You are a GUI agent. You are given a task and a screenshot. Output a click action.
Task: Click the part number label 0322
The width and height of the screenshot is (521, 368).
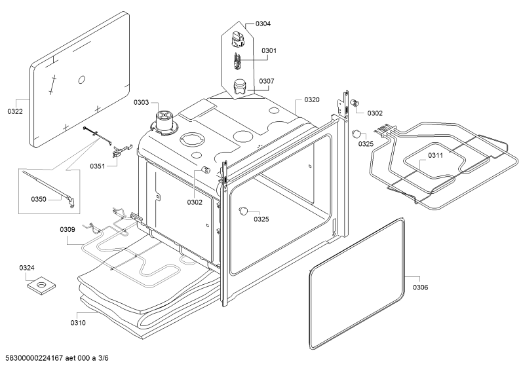(x=15, y=111)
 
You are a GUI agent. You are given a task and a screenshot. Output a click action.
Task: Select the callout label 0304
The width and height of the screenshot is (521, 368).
(x=263, y=24)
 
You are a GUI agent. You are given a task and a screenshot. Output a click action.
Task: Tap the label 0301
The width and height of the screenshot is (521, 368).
(x=269, y=51)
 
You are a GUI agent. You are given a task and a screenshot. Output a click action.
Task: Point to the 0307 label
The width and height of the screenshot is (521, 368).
(x=267, y=81)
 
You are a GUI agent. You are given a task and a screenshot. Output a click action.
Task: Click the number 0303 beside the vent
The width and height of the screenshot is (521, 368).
(x=141, y=102)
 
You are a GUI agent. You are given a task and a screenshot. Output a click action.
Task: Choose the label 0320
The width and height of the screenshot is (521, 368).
(x=312, y=100)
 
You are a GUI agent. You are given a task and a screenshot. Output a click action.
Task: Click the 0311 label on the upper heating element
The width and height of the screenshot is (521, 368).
(x=435, y=155)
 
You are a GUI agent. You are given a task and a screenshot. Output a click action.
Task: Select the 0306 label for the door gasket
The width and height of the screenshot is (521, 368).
(x=420, y=287)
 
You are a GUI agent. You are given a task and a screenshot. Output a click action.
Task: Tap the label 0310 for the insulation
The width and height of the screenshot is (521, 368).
(x=78, y=323)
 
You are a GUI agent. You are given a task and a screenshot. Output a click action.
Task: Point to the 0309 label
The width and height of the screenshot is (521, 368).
(x=68, y=229)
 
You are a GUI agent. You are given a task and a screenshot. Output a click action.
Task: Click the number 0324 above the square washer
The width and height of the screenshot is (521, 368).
(x=27, y=268)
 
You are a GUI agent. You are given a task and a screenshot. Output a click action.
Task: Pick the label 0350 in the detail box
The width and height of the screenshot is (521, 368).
(x=39, y=200)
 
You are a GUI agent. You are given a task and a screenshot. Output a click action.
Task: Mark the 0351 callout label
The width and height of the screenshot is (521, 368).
(x=98, y=166)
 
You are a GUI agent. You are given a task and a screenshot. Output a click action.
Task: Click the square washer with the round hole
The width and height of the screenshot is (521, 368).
(x=41, y=285)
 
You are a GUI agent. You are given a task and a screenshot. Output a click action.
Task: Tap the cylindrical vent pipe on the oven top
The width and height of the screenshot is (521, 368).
(x=163, y=122)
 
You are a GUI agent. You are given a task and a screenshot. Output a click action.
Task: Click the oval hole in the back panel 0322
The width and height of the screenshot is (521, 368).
(x=82, y=80)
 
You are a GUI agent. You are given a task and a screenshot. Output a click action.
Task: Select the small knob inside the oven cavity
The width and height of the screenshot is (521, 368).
(x=244, y=211)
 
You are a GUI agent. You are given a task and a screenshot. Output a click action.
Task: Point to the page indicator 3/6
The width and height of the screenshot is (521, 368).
(x=104, y=358)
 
